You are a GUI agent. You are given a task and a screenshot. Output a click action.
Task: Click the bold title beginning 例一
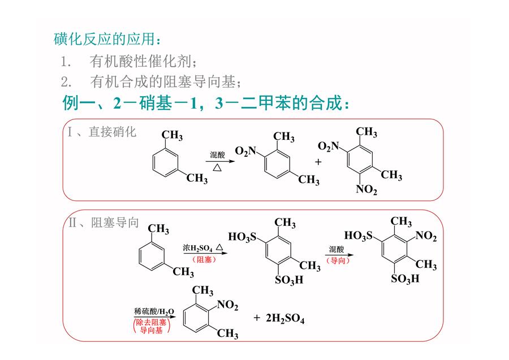click(206, 103)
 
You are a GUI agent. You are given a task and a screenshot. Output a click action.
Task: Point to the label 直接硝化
click(113, 132)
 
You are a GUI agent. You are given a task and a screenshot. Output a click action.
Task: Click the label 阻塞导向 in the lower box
click(115, 222)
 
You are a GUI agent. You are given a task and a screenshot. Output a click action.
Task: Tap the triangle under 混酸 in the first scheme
click(217, 168)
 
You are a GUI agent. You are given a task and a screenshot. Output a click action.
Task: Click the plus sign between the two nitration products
click(318, 161)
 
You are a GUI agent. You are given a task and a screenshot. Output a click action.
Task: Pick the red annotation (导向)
click(338, 260)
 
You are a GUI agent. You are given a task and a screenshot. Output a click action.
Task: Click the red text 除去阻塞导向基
click(151, 326)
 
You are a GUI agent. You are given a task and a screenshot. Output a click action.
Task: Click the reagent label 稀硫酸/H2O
click(154, 311)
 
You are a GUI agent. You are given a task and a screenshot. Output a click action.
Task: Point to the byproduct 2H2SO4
click(285, 318)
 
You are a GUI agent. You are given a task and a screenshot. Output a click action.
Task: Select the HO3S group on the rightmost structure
click(359, 235)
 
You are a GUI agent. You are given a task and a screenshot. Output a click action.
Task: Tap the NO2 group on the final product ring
click(227, 305)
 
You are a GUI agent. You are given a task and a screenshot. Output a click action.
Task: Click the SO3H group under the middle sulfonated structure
click(289, 280)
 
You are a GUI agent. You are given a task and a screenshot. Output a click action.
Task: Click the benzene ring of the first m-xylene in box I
click(165, 162)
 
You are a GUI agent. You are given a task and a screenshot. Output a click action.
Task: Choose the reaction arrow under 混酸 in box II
click(339, 255)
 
